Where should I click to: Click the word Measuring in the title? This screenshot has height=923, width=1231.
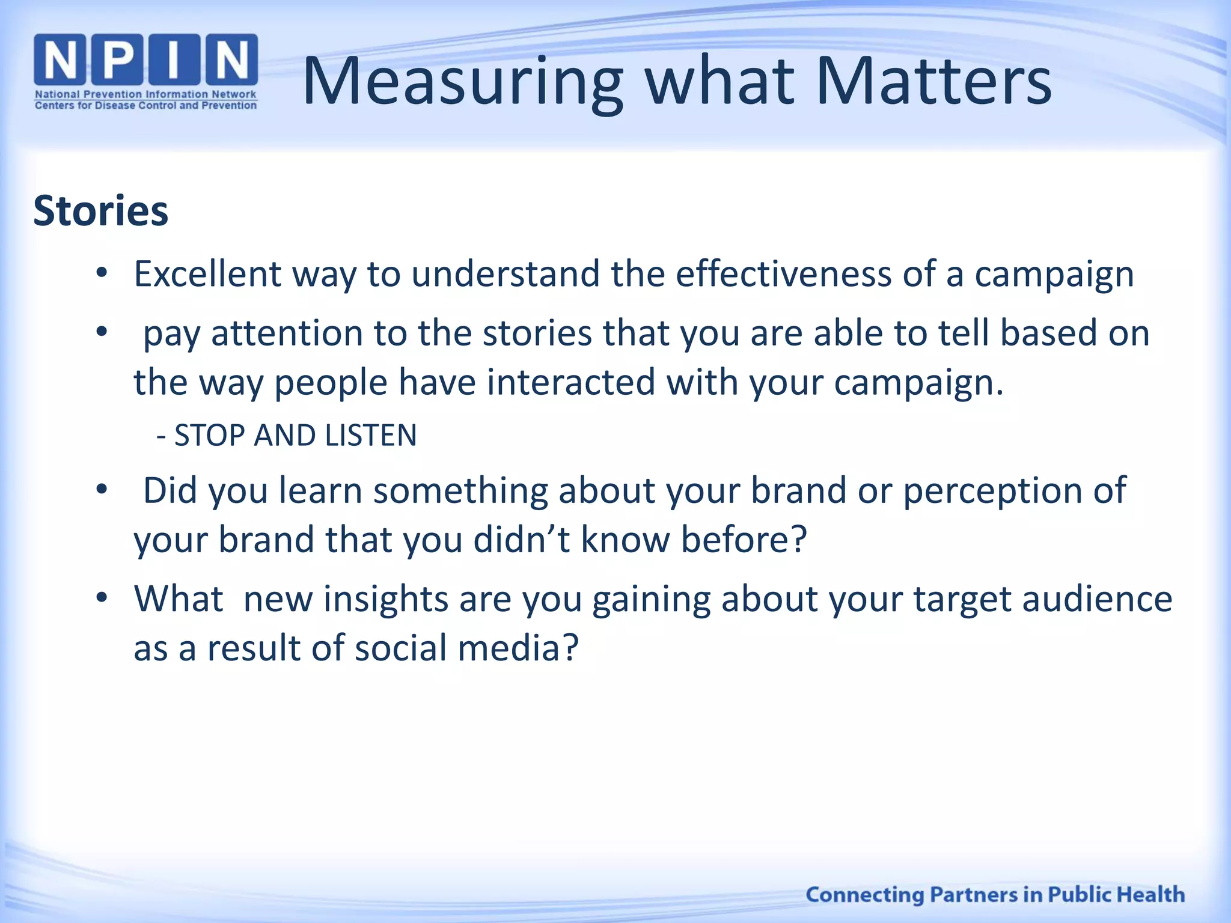463,82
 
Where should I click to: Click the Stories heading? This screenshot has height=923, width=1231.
100,211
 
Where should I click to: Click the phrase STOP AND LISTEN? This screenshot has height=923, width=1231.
295,435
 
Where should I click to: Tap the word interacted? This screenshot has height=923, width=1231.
570,382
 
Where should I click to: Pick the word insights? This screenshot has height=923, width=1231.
385,599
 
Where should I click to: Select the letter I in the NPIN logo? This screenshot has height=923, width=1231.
174,59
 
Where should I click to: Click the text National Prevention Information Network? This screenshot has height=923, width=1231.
145,94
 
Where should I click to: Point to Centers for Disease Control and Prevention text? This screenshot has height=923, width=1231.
145,106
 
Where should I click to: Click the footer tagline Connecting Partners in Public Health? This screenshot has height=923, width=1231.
995,894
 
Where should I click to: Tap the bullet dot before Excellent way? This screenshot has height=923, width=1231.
102,273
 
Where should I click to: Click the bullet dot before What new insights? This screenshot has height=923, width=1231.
102,598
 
